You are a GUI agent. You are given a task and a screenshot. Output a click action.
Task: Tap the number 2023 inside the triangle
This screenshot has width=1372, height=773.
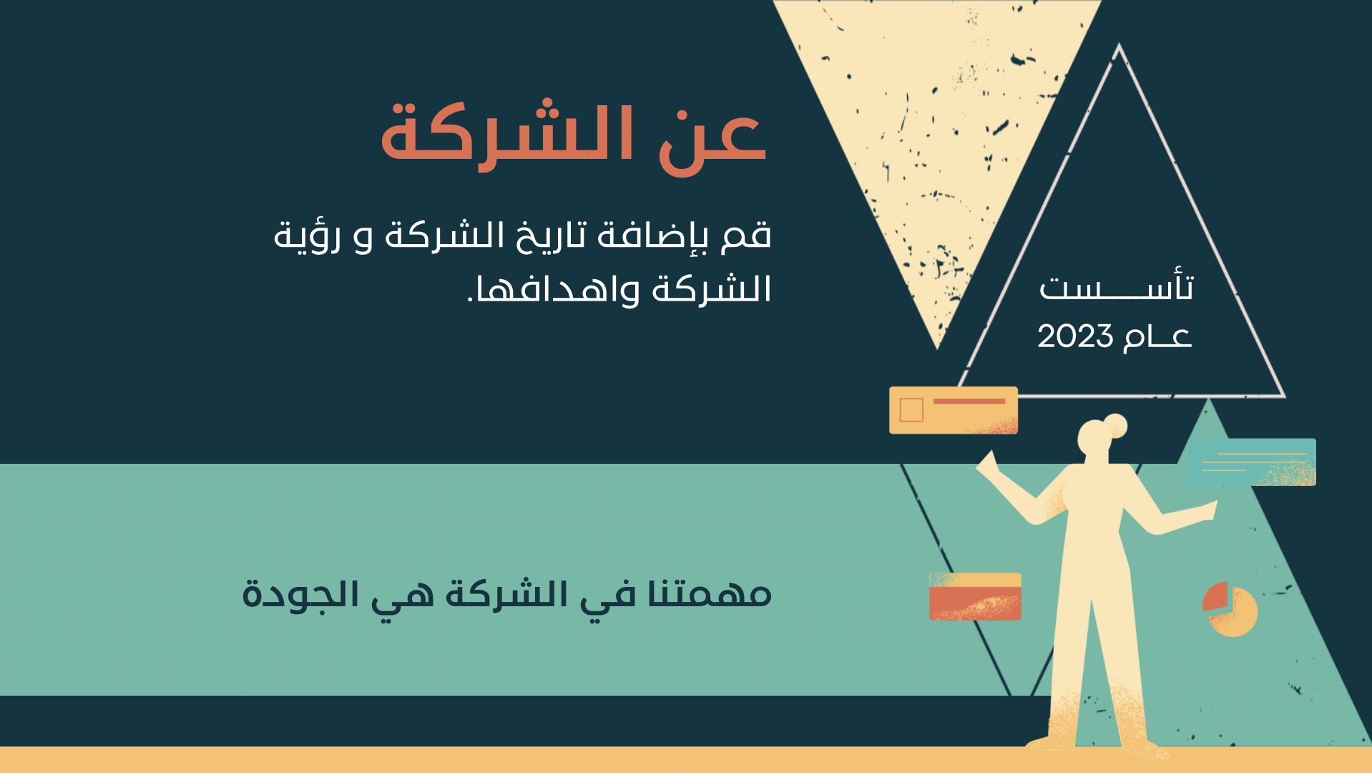[x=1075, y=336]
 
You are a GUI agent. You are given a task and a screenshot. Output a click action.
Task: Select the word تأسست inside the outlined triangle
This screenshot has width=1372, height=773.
[x=1116, y=286]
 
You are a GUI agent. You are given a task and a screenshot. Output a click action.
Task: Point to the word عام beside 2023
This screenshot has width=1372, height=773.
[x=1157, y=336]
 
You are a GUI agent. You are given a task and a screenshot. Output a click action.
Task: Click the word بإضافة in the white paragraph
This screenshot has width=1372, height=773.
[x=652, y=235]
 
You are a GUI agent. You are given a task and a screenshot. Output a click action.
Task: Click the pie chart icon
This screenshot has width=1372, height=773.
[x=1230, y=609]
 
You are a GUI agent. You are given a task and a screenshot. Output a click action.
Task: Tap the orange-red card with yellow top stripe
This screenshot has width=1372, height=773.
[x=975, y=596]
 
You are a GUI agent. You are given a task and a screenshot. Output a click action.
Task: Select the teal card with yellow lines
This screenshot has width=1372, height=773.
[x=1252, y=462]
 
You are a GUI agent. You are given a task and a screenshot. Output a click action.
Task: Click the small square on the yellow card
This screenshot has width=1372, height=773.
[x=911, y=410]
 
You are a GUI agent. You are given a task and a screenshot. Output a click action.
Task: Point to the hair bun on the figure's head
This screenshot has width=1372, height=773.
[x=1115, y=426]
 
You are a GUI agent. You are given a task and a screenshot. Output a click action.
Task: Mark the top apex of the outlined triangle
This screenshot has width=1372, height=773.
[x=1119, y=45]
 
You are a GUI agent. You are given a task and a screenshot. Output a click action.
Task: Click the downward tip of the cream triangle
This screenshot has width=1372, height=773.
[x=937, y=349]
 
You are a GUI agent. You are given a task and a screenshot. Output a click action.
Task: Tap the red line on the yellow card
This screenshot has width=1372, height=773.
[x=969, y=402]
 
